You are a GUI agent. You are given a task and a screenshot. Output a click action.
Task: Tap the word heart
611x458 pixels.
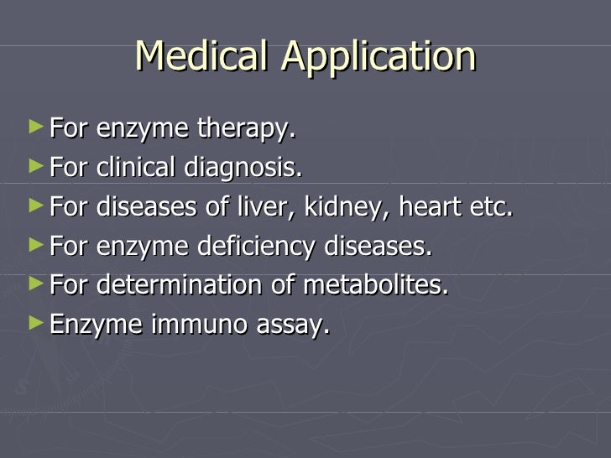pos(427,207)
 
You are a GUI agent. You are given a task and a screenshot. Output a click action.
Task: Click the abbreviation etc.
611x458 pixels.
pos(491,207)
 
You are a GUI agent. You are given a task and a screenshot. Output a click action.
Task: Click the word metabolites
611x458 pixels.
pos(375,285)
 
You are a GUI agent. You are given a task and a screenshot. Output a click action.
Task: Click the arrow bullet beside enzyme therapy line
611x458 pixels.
pos(34,128)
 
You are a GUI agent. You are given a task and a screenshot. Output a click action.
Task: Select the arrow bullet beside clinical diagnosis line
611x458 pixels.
pos(34,167)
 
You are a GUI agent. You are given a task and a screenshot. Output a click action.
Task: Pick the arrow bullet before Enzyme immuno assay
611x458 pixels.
pos(34,321)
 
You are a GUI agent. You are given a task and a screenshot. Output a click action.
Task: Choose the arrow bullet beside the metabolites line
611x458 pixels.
pos(34,283)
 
